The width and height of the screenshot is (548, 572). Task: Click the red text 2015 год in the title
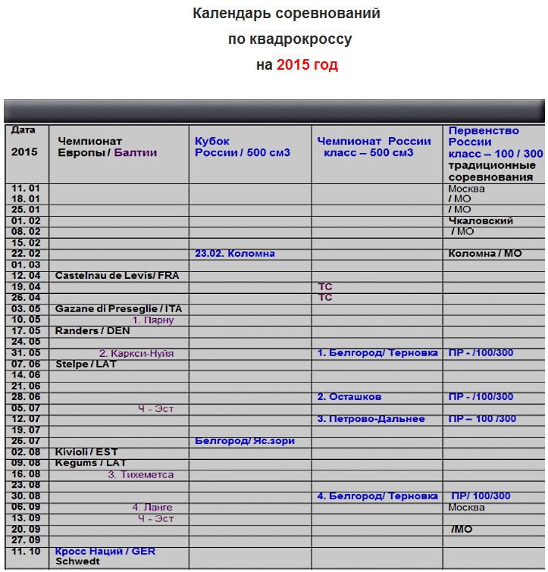[307, 65]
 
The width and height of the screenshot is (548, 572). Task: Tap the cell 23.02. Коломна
[235, 254]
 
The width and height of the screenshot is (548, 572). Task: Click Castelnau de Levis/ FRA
[117, 276]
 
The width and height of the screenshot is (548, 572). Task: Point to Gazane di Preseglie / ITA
[118, 309]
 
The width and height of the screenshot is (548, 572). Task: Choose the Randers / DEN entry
[92, 331]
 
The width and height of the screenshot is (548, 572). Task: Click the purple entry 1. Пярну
[153, 320]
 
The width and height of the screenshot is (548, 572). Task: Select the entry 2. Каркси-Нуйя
[136, 353]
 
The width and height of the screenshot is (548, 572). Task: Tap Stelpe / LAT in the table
[86, 364]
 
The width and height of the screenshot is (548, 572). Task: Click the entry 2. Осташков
[349, 397]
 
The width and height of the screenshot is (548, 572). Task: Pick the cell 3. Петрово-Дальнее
[371, 419]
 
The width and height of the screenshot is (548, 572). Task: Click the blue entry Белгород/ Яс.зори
[244, 441]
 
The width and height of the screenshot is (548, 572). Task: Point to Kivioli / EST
[86, 452]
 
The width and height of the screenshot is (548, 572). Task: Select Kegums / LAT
[90, 463]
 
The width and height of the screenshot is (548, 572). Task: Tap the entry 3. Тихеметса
[140, 475]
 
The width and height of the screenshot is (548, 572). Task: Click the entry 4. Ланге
[152, 508]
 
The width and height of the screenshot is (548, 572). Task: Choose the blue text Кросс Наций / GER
[105, 552]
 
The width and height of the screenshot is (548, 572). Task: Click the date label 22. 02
[25, 254]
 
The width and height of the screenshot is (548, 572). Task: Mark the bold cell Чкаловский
[481, 221]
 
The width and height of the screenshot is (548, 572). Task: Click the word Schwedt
[77, 562]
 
